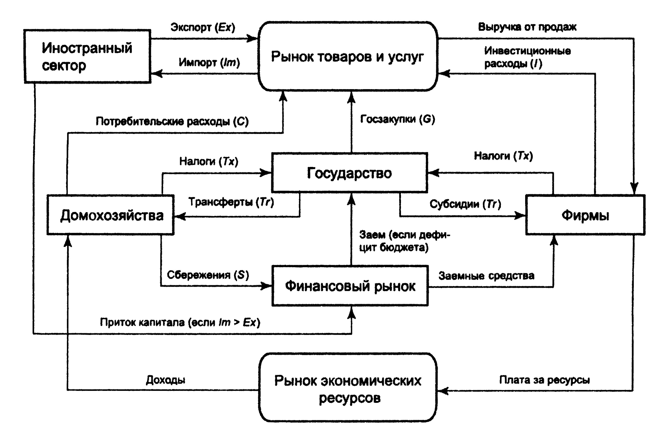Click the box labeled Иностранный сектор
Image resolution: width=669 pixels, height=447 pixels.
[87, 56]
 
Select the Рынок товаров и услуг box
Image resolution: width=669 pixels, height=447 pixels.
[347, 56]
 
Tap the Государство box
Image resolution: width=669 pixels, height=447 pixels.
[349, 173]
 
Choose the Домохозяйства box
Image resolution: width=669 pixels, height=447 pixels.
[111, 215]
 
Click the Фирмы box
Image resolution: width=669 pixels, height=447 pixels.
[585, 215]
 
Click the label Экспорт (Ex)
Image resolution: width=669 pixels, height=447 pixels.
[202, 27]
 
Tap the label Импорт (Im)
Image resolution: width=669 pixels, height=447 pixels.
[209, 62]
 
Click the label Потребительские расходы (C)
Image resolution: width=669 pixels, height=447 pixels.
[172, 121]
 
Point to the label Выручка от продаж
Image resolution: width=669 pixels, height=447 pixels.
[527, 27]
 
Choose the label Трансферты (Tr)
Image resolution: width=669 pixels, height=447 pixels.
[231, 202]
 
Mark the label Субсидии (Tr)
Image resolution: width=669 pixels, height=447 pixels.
[465, 204]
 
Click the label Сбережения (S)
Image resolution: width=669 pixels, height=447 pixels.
[208, 275]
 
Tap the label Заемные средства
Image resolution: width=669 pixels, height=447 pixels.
[486, 276]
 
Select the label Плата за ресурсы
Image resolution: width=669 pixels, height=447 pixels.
[544, 380]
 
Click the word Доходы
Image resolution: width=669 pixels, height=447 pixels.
[165, 380]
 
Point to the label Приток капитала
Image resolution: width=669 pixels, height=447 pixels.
[180, 322]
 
